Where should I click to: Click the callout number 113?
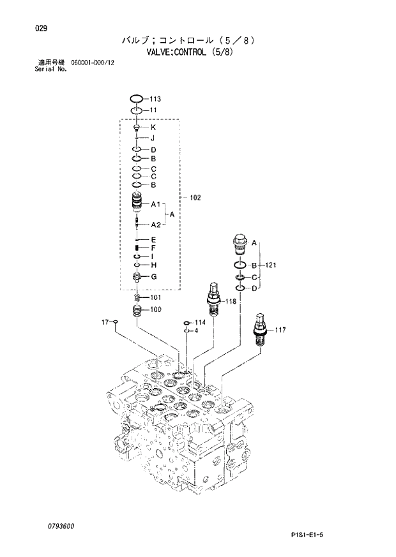pyautogui.click(x=155, y=99)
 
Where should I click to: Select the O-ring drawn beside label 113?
pyautogui.click(x=136, y=99)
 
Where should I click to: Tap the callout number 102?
pyautogui.click(x=195, y=198)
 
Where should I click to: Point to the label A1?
pyautogui.click(x=155, y=205)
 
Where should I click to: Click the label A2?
pyautogui.click(x=155, y=225)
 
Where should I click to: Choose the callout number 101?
pyautogui.click(x=156, y=298)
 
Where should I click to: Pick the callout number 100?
pyautogui.click(x=156, y=310)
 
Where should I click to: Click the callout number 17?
pyautogui.click(x=105, y=322)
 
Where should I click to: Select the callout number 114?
pyautogui.click(x=201, y=322)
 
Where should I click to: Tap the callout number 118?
pyautogui.click(x=231, y=301)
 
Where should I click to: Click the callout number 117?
pyautogui.click(x=280, y=330)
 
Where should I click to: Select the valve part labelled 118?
pyautogui.click(x=213, y=297)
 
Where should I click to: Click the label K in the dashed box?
pyautogui.click(x=153, y=127)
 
